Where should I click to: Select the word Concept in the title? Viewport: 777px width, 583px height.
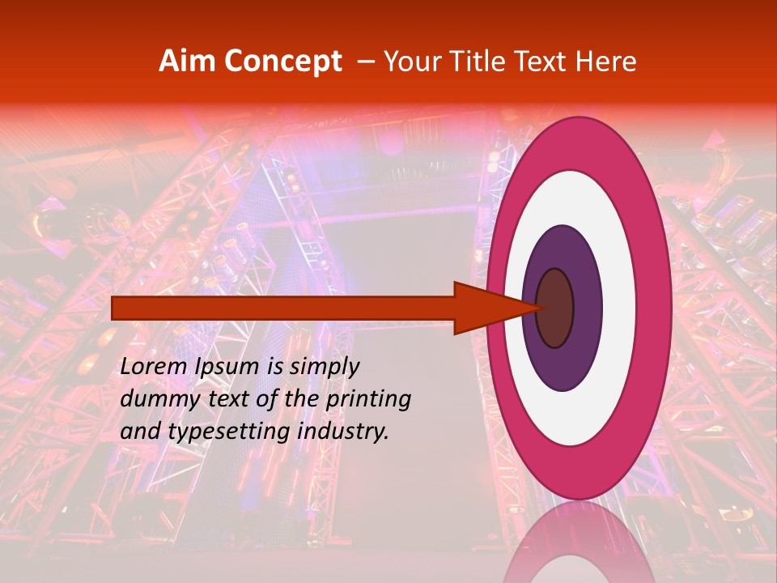point(282,62)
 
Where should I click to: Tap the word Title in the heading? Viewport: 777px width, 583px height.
point(472,62)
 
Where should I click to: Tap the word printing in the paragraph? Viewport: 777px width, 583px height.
point(368,399)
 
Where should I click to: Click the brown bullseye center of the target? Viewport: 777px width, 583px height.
point(555,309)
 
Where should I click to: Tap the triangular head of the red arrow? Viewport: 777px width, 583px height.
point(486,309)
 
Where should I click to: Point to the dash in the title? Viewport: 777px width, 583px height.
point(365,62)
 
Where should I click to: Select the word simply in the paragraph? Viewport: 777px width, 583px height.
point(324,367)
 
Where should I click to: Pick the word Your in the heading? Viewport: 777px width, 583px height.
point(411,62)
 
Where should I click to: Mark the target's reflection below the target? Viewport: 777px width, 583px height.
point(578,543)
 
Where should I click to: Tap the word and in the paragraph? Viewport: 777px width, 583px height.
point(140,432)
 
